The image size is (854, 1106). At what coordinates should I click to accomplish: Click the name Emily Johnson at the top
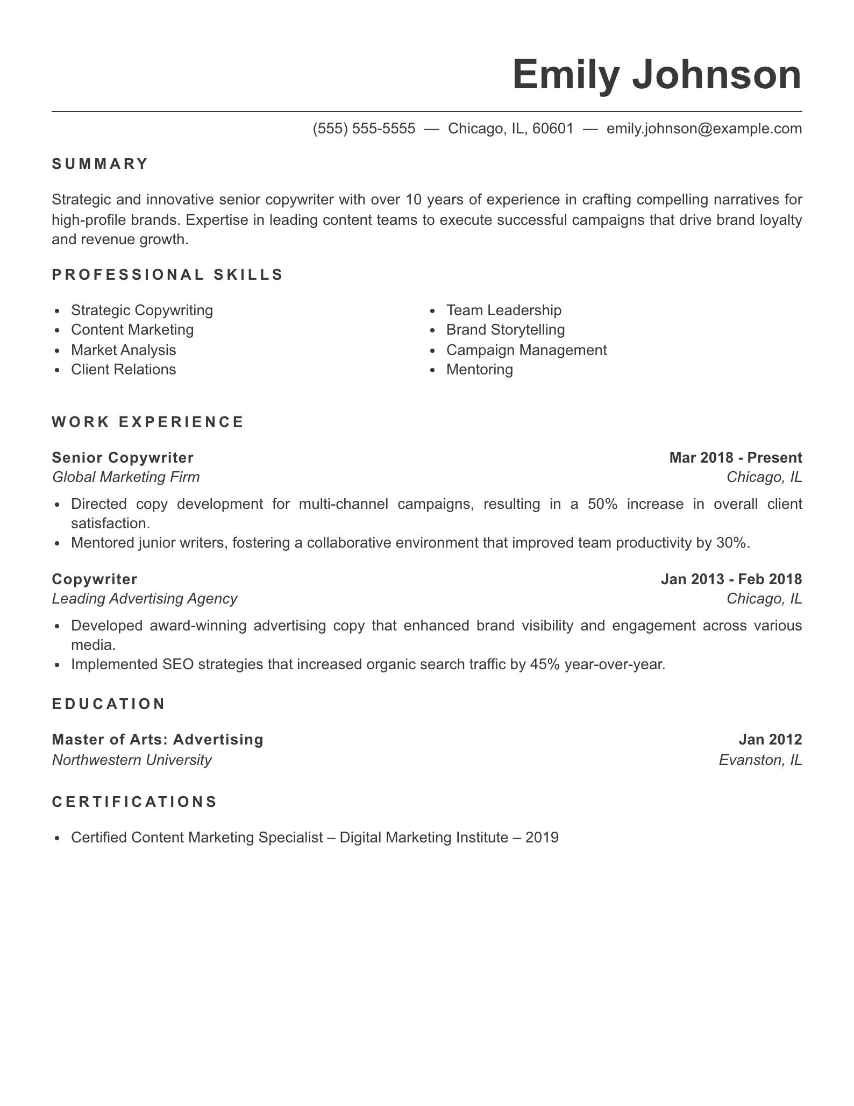coord(657,75)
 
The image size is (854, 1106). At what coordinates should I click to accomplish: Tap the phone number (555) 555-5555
coord(364,129)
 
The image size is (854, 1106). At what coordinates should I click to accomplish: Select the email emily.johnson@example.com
coord(704,129)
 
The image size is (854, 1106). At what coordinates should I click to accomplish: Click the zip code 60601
coord(553,129)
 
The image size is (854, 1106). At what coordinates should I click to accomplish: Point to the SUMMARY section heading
coord(100,164)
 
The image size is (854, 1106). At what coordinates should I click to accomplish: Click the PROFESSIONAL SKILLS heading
coord(167,275)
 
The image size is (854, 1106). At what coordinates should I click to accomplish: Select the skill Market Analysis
coord(123,350)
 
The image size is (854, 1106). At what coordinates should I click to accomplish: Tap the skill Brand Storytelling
coord(506,330)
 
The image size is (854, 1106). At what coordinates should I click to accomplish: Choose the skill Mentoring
coord(479,370)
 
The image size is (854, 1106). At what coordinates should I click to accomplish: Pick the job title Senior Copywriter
coord(123,458)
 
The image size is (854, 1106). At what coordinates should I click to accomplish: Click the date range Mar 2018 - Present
coord(735,458)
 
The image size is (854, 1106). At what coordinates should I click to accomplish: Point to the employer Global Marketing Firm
coord(126,477)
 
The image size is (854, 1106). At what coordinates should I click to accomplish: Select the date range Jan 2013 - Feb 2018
coord(731,579)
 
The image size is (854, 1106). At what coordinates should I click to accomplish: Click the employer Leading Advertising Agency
coord(145,599)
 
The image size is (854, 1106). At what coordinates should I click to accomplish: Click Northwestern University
coord(132,760)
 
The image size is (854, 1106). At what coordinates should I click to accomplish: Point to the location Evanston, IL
coord(760,760)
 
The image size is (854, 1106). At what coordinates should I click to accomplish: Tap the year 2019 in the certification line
coord(542,838)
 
